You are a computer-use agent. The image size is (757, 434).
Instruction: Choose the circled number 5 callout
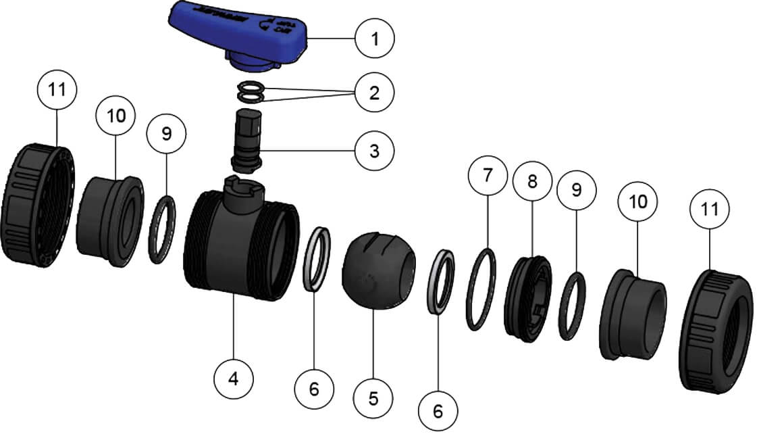(373, 398)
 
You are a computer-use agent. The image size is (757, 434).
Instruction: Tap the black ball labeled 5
(372, 270)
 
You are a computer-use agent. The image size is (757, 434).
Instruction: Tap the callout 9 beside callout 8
(576, 189)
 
